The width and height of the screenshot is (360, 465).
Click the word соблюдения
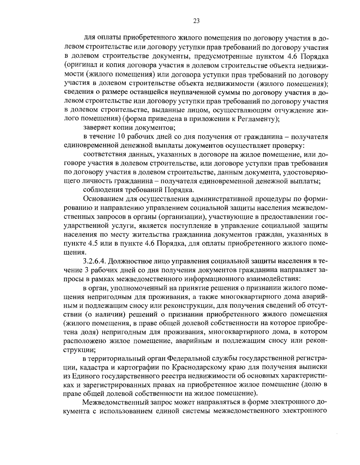coord(99,189)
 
